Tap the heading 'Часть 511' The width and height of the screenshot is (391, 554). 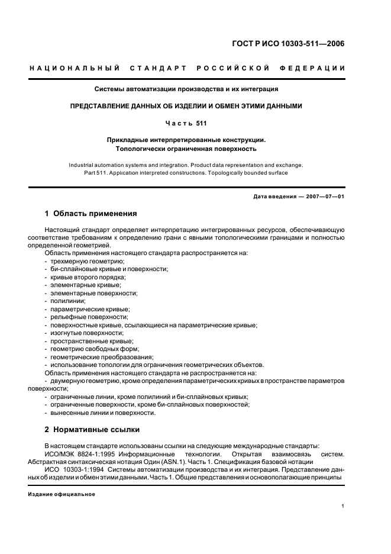pyautogui.click(x=186, y=123)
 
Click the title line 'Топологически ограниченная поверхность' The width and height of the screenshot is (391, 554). pyautogui.click(x=186, y=149)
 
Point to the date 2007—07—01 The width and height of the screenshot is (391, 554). pyautogui.click(x=324, y=197)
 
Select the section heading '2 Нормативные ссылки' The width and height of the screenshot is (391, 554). pyautogui.click(x=92, y=429)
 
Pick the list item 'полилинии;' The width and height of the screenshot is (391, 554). pyautogui.click(x=68, y=301)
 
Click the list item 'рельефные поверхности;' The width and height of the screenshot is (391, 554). pyautogui.click(x=85, y=317)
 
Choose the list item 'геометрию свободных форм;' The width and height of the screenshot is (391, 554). pyautogui.click(x=89, y=349)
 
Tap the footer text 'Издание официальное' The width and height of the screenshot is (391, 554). pyautogui.click(x=62, y=494)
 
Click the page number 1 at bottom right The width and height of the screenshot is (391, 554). pyautogui.click(x=343, y=506)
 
